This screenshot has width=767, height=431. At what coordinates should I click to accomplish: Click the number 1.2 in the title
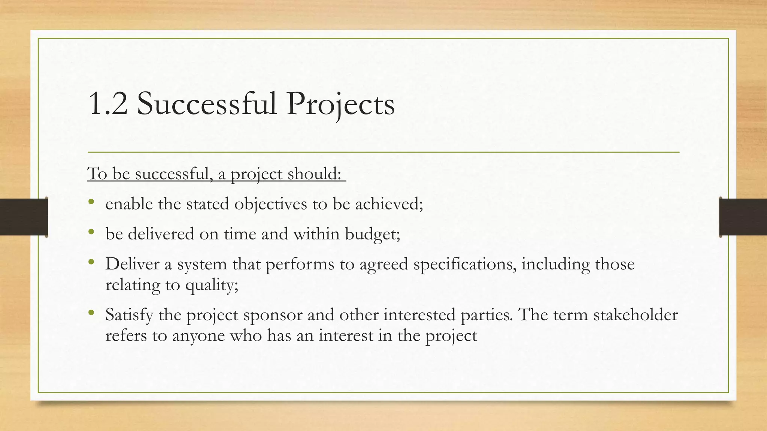(108, 104)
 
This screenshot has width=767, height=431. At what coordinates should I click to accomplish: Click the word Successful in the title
(206, 104)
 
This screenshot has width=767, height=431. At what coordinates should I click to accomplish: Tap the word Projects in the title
(340, 105)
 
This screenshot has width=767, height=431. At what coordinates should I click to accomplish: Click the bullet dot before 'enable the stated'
(91, 202)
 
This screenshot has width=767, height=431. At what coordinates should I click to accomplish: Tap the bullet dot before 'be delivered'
(91, 232)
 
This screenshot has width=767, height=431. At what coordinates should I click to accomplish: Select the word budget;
(372, 235)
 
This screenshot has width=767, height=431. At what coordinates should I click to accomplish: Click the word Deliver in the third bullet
(132, 264)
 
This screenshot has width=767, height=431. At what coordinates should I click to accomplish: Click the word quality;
(212, 286)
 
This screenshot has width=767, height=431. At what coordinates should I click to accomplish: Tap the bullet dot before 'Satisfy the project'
(91, 312)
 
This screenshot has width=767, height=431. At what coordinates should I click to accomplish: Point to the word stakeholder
(636, 315)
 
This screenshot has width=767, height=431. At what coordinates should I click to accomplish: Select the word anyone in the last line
(198, 336)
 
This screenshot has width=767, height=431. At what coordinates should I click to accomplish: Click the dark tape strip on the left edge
(23, 217)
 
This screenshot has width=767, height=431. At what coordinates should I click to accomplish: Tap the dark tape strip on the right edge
(743, 217)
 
